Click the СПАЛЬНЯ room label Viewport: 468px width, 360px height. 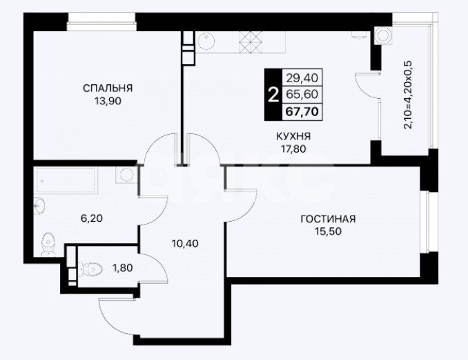click(x=107, y=88)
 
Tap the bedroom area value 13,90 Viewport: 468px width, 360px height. click(x=107, y=101)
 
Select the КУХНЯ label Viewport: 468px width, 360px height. click(x=290, y=136)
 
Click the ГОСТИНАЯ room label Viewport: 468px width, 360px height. click(x=328, y=219)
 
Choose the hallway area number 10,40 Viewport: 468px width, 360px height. click(x=183, y=243)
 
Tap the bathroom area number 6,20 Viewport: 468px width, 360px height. click(x=91, y=218)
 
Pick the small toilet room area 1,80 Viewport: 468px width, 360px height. click(x=123, y=266)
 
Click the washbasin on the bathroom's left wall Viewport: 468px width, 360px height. click(x=39, y=205)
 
